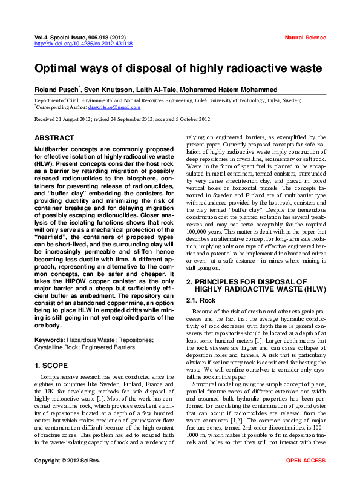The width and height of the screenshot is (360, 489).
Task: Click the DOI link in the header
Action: pos(83,44)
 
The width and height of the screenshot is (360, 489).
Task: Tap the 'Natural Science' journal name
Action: pos(305,38)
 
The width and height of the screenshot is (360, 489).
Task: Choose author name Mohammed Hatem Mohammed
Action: pos(238,89)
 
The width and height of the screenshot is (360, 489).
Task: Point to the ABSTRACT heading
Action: pos(54,138)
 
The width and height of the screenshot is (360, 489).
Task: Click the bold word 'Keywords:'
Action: pos(50,341)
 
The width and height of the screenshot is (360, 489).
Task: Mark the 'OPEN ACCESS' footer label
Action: pos(306,478)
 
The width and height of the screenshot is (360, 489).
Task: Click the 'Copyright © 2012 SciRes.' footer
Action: pos(67,478)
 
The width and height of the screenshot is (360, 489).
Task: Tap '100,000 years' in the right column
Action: pos(204,232)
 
